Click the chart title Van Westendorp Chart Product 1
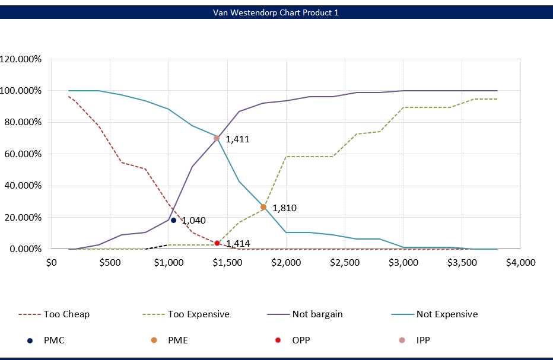point(276,12)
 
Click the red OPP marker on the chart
point(217,243)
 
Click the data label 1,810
point(284,208)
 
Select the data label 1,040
point(193,221)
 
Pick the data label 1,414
point(237,244)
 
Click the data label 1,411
point(237,140)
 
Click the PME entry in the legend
point(178,340)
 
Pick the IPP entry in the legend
point(422,340)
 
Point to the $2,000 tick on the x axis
point(285,262)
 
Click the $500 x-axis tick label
point(109,262)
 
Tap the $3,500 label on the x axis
point(461,262)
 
